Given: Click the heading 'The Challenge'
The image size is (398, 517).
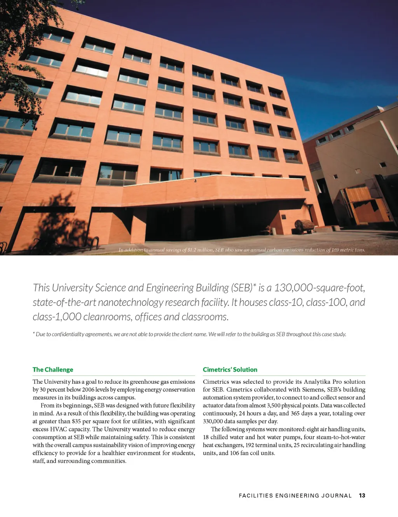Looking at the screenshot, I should (53, 370).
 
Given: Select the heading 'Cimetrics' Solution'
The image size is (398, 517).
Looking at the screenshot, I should (230, 370).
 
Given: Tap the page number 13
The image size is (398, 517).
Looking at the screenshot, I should (362, 496).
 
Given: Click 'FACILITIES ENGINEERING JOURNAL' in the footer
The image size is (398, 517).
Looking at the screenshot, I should (295, 496).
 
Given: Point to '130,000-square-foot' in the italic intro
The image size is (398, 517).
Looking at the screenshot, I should (319, 288).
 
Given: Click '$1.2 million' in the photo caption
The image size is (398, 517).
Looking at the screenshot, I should (200, 250).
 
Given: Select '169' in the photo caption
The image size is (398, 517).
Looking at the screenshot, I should (335, 250).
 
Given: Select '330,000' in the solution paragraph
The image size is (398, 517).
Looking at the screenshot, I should (213, 421).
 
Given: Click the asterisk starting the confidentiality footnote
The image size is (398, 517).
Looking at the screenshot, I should (34, 334).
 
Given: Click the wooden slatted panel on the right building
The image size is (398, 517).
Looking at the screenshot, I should (358, 194).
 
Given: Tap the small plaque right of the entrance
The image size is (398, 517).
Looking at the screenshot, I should (284, 216).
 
